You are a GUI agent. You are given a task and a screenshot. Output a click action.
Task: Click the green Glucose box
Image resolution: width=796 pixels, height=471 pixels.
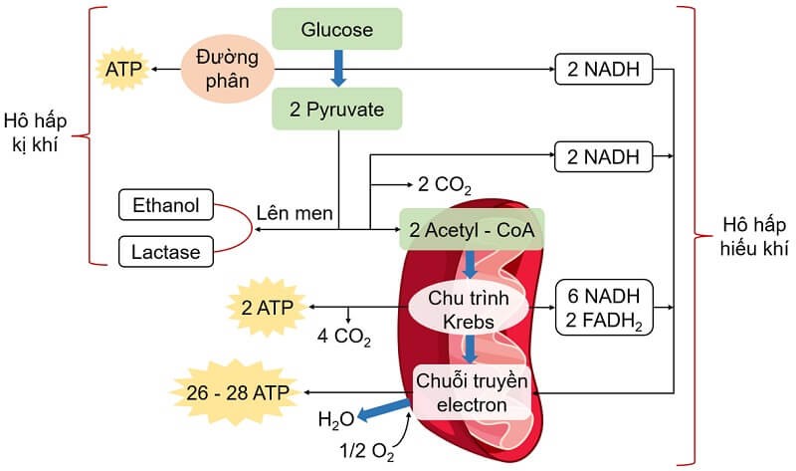(x=337, y=29)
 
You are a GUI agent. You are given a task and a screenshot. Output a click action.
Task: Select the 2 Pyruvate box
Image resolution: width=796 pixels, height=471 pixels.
(x=337, y=109)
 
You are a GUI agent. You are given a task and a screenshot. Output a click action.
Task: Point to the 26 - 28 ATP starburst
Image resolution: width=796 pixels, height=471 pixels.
(x=234, y=393)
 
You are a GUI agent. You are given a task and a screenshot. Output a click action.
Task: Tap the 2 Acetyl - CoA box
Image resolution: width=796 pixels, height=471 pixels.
(x=471, y=231)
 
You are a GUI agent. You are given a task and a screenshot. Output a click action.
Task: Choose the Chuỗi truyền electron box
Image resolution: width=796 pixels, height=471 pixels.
(x=473, y=392)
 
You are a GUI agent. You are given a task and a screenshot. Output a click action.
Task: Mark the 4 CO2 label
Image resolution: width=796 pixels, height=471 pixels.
(x=344, y=335)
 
